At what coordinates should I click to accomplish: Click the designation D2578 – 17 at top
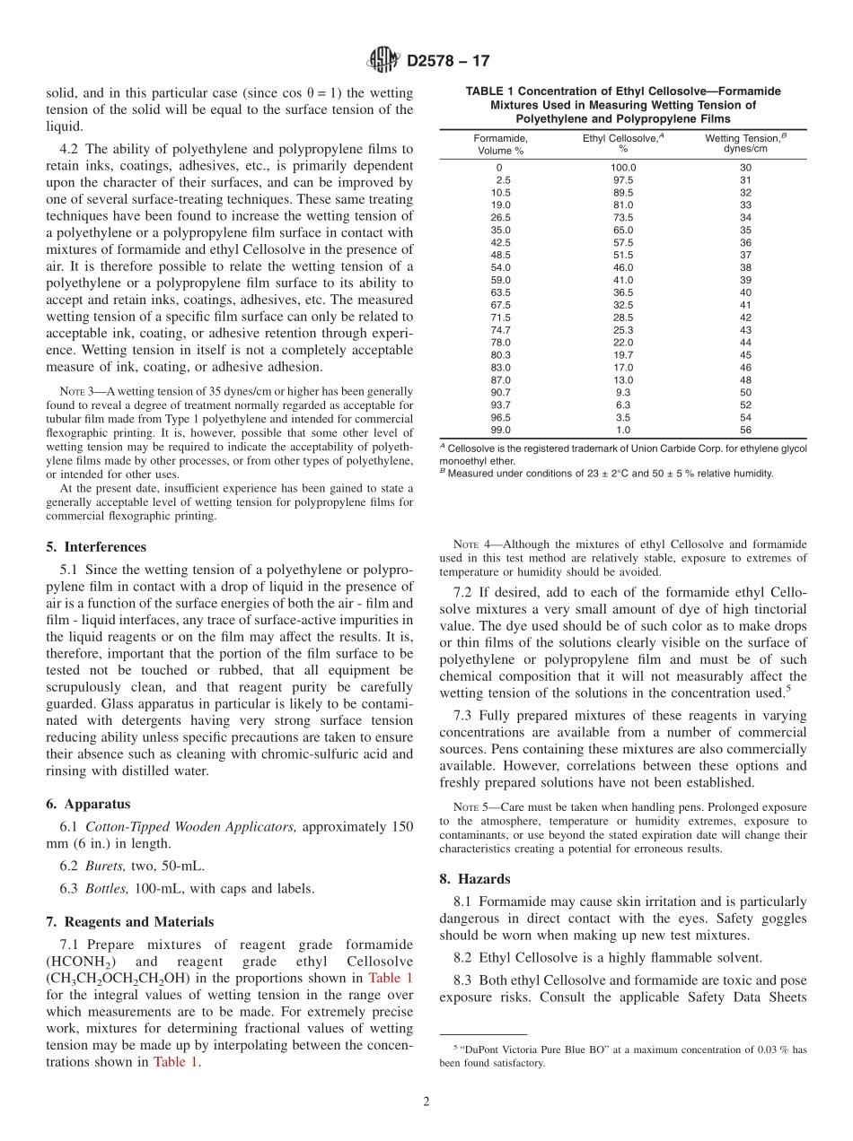coord(448,62)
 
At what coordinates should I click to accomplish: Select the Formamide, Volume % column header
coord(500,144)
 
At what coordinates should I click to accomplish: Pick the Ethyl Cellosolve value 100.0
coord(623,168)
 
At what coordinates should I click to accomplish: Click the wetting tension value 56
coord(745,430)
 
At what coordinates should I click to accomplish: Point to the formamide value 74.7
coord(500,330)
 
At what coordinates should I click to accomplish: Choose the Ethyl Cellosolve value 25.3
coord(623,330)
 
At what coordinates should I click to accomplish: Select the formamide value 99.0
coord(500,430)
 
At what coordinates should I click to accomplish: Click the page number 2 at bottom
coord(426,1102)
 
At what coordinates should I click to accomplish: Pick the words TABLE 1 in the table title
coord(490,91)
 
